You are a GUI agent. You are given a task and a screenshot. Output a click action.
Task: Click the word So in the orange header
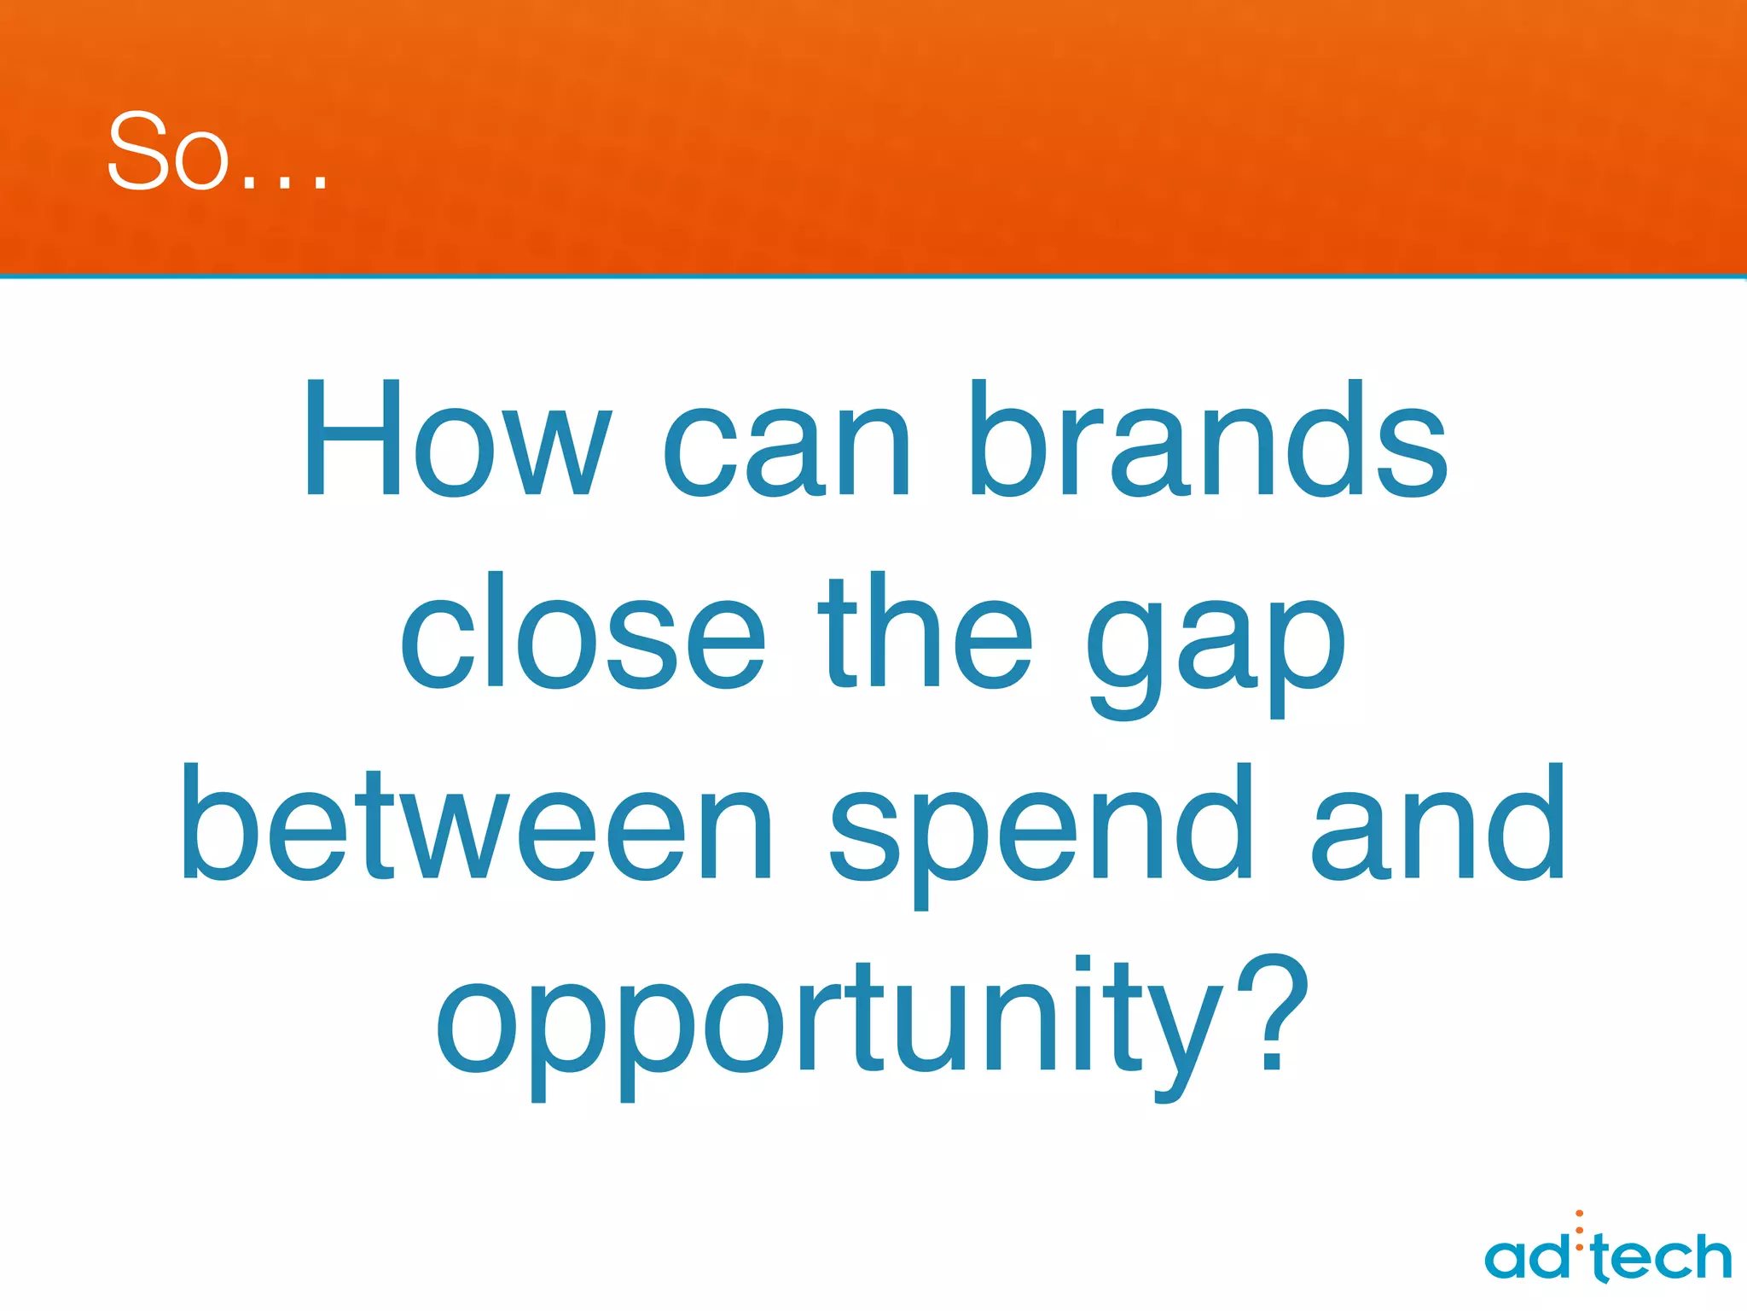click(x=168, y=152)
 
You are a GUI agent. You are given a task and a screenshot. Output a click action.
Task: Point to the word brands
click(x=1208, y=439)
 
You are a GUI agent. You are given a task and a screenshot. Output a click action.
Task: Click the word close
click(x=582, y=632)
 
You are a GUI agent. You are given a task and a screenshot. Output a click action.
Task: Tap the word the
click(x=926, y=632)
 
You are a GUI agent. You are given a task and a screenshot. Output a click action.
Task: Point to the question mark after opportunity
click(x=1271, y=1016)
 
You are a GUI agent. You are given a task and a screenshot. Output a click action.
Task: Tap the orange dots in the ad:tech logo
click(x=1579, y=1230)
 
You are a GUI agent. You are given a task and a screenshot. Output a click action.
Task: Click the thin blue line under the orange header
click(x=873, y=277)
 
